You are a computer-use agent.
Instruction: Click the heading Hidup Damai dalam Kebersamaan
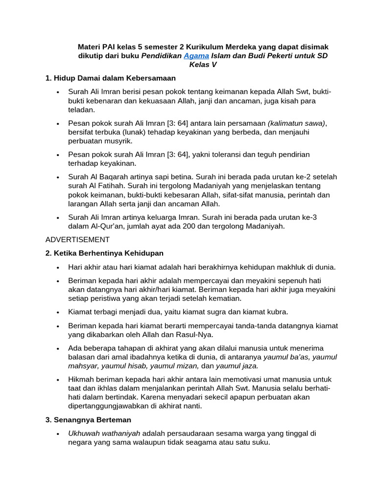[110, 78]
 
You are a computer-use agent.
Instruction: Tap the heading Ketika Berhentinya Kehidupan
[104, 253]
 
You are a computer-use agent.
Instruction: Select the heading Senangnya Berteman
[88, 420]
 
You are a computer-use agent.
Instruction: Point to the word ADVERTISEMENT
[77, 239]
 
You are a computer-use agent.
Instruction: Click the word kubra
[276, 312]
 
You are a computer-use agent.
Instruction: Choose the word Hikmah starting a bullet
[81, 379]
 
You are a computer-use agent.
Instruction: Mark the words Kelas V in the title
[203, 65]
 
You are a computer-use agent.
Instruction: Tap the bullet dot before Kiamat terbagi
[58, 312]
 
